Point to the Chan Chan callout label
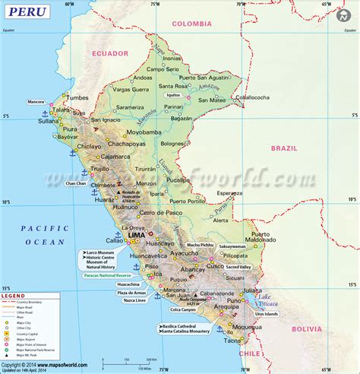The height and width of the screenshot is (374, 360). tap(76, 183)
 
